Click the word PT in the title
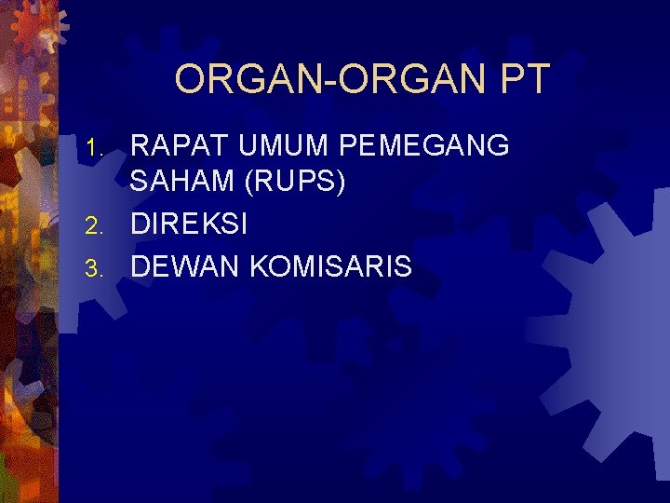click(525, 79)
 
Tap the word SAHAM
click(182, 184)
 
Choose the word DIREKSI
click(189, 224)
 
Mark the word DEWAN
click(184, 266)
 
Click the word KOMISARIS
click(329, 266)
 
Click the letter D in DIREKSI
click(141, 224)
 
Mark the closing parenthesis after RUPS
click(342, 184)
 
